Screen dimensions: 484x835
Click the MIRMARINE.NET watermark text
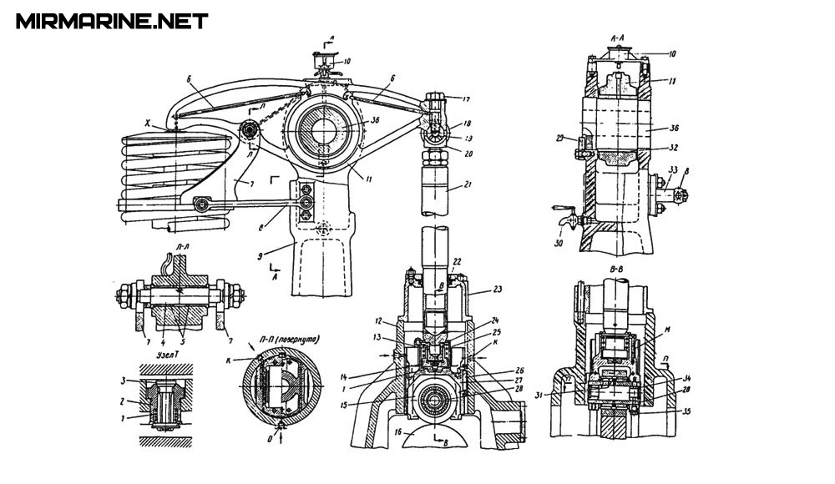pos(111,21)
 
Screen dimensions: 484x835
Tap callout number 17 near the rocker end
pos(466,98)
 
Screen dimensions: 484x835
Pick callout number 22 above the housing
pos(455,261)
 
